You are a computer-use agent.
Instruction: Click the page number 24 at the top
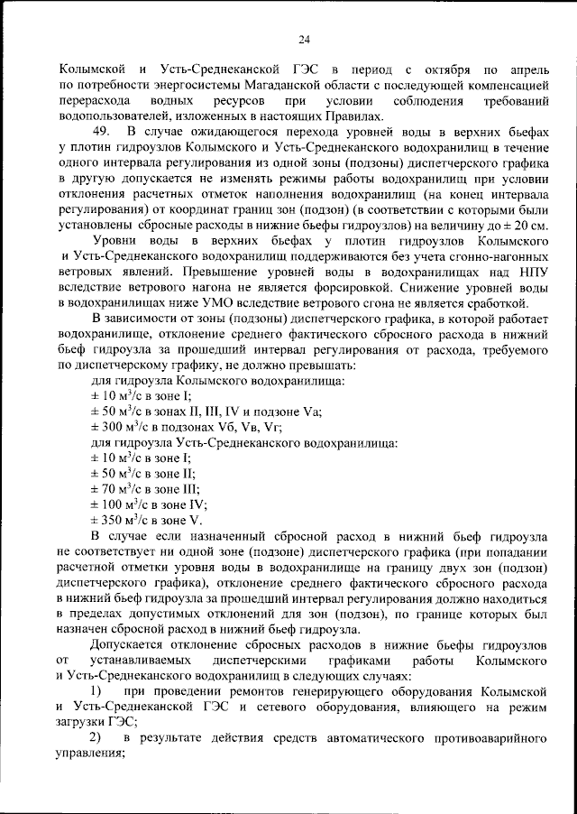tap(303, 38)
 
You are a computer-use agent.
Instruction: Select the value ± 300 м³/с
tap(123, 427)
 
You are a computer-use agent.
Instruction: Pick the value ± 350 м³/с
tap(123, 520)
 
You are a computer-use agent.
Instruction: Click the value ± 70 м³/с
tap(119, 488)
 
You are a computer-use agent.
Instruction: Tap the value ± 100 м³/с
tap(123, 504)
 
